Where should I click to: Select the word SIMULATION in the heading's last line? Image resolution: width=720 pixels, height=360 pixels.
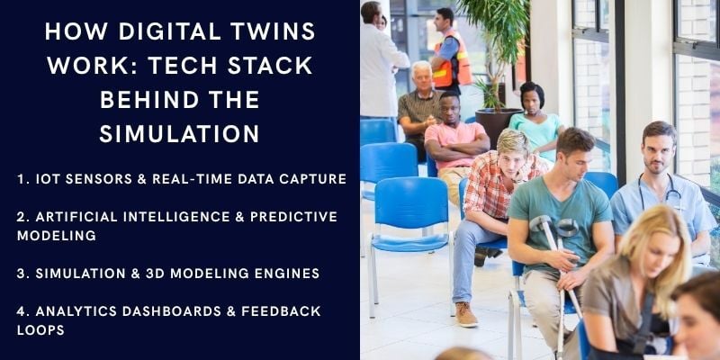pos(179,133)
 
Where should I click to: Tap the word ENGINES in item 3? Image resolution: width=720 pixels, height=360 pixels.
pos(287,273)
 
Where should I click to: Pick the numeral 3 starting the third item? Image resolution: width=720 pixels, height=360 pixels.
pos(21,273)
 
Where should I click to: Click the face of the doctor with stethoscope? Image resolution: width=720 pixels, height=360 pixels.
pos(659,148)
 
